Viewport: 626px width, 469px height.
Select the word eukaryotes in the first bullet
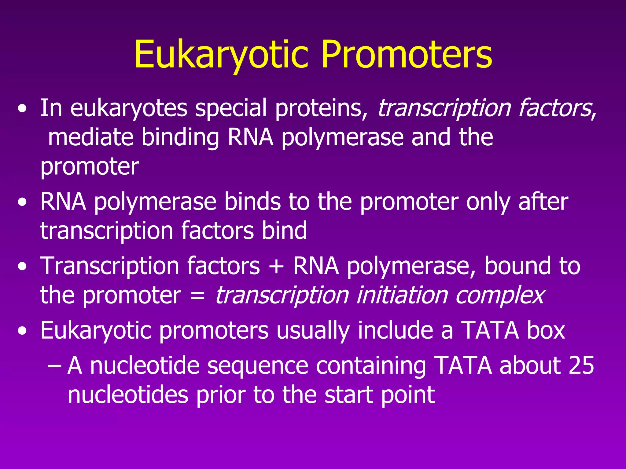pyautogui.click(x=129, y=108)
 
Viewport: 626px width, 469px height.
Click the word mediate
pyautogui.click(x=91, y=137)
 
